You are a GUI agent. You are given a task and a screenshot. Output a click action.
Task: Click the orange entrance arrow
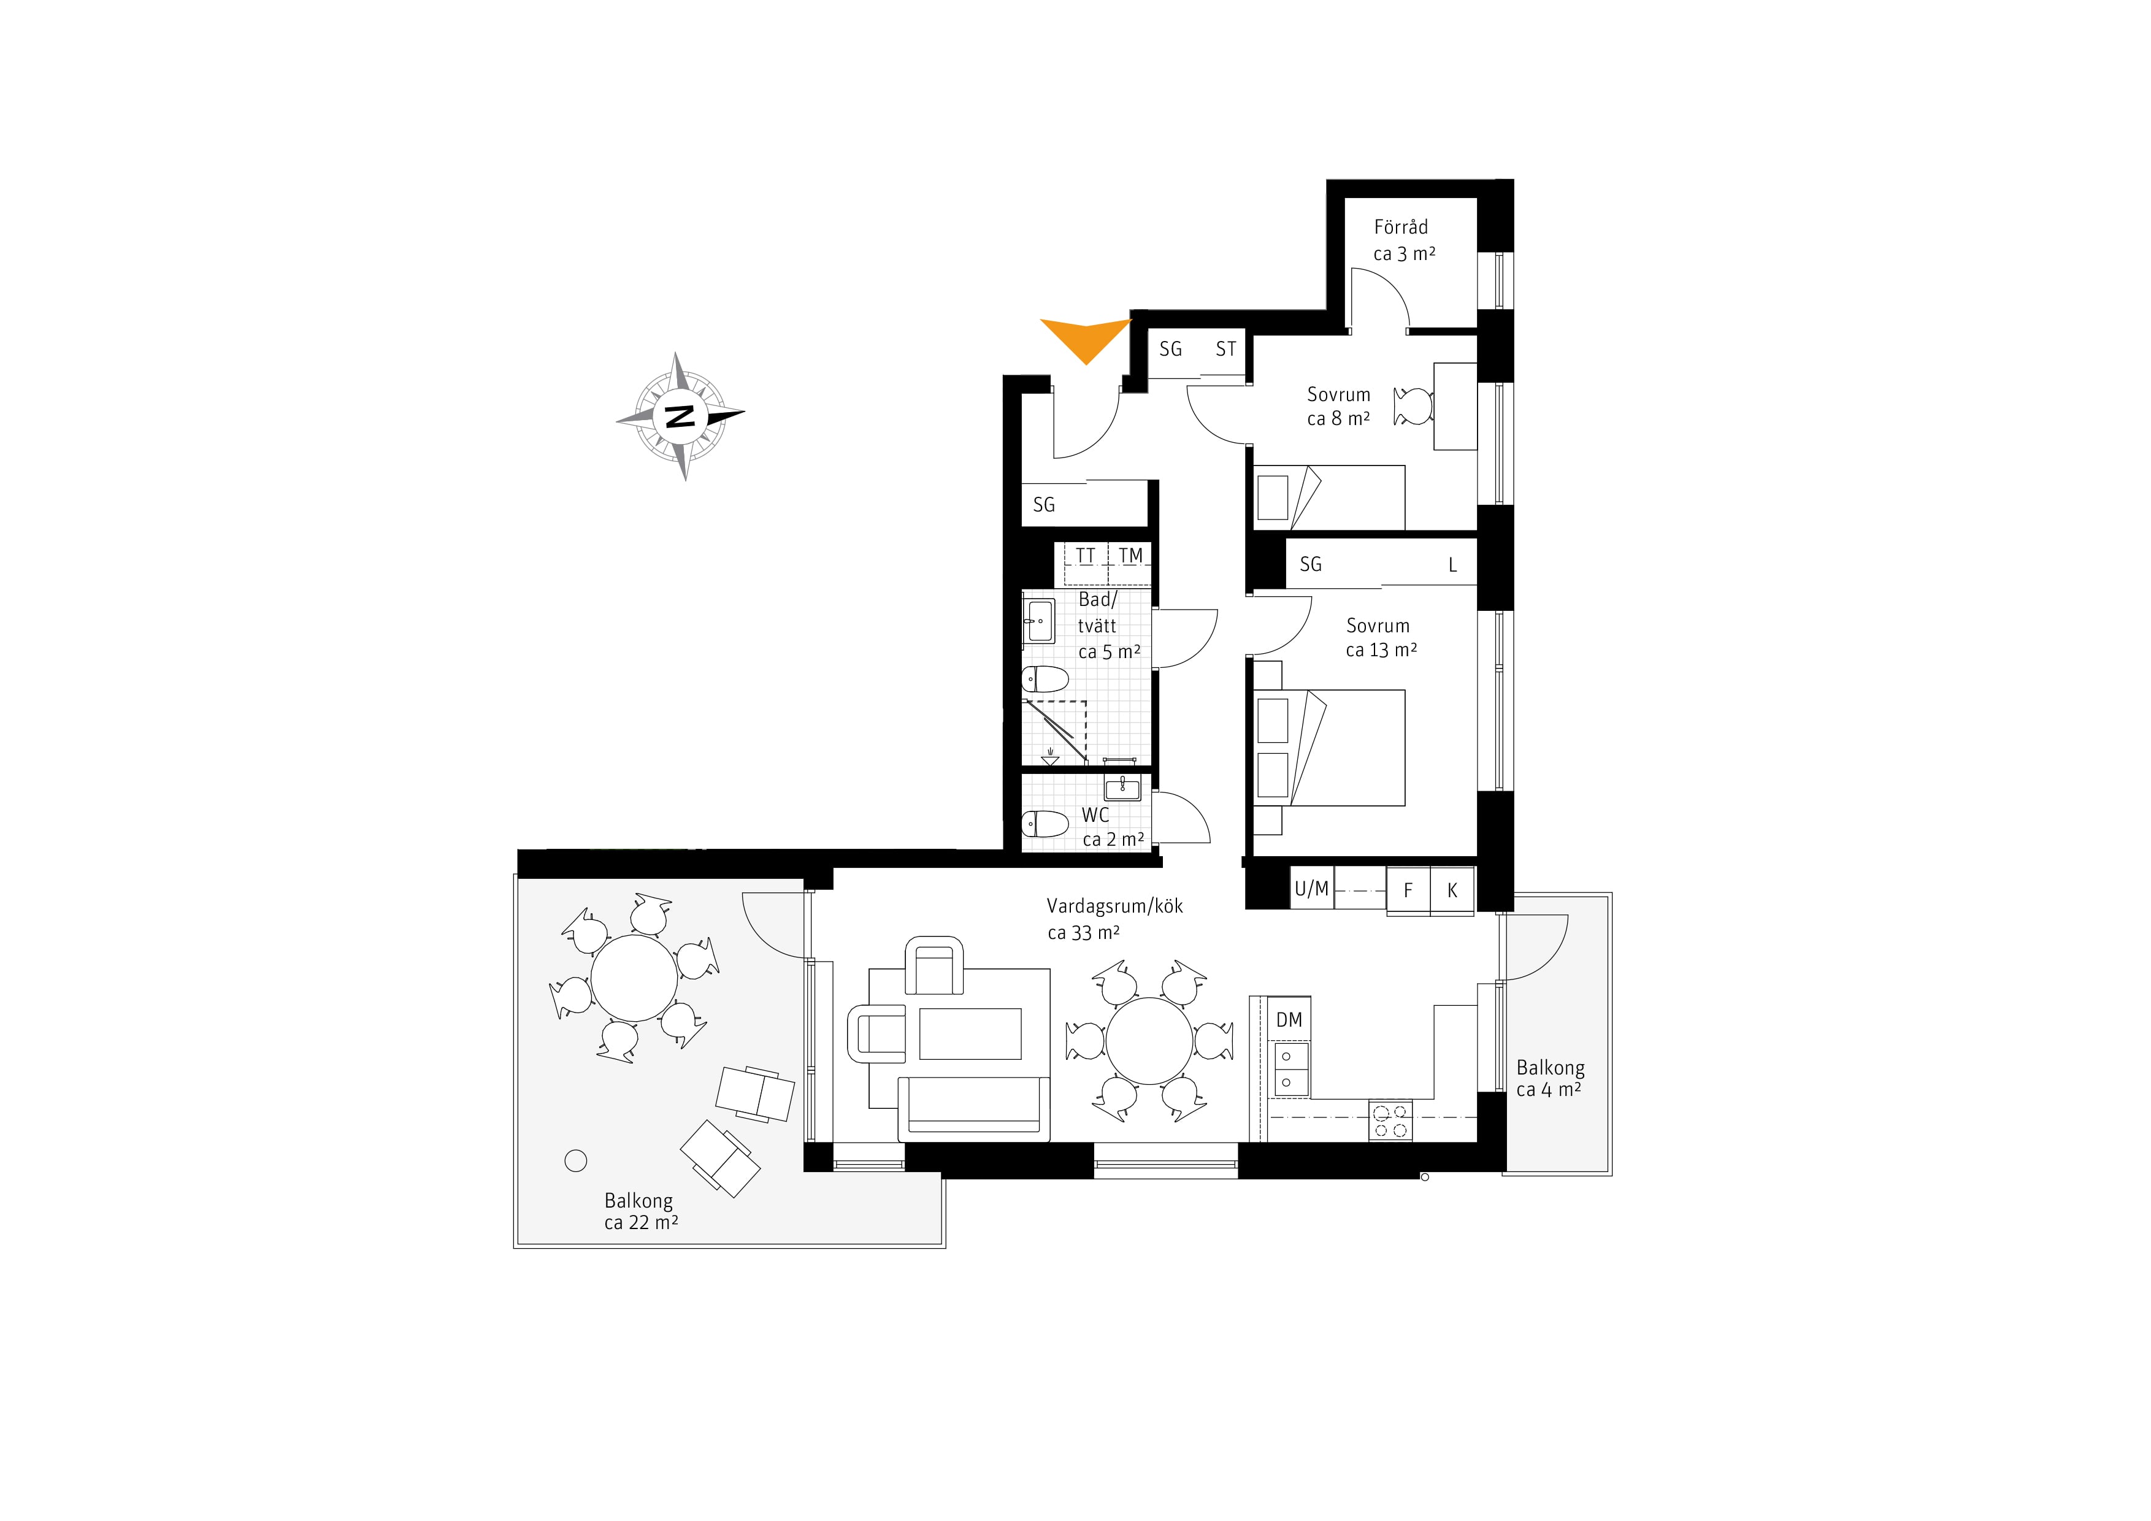click(x=1087, y=338)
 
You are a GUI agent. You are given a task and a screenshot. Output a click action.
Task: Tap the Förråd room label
click(x=1401, y=227)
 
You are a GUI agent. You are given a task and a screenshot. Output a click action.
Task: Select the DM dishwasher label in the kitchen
click(x=1289, y=1020)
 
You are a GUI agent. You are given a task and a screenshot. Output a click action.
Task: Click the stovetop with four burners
click(x=1390, y=1120)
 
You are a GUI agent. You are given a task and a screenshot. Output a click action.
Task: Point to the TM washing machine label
click(x=1131, y=556)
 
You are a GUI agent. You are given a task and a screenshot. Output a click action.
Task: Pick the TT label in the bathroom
click(x=1085, y=556)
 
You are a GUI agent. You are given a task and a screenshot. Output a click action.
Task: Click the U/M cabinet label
click(x=1311, y=889)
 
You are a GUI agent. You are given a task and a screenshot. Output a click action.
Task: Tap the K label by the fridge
click(x=1452, y=891)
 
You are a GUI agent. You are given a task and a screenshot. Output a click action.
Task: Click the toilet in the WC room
click(x=1045, y=825)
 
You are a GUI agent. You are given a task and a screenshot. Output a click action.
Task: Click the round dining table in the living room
click(x=1149, y=1041)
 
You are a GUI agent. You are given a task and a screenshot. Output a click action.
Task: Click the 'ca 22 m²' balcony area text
click(x=641, y=1222)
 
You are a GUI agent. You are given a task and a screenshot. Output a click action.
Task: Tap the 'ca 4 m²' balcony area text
click(x=1549, y=1089)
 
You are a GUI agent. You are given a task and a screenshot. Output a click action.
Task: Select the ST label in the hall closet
click(x=1225, y=350)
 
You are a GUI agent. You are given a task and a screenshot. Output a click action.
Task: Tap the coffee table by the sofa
click(x=970, y=1034)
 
